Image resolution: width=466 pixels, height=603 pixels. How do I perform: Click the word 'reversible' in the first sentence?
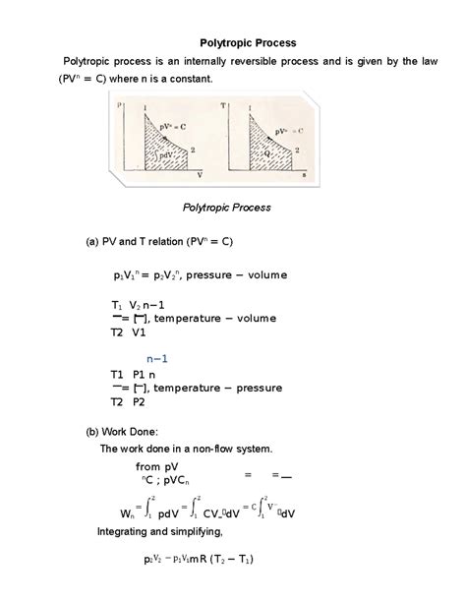point(248,62)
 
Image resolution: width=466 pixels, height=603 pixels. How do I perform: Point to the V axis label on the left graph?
point(201,174)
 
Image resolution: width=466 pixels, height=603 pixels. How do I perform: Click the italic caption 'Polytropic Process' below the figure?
point(227,208)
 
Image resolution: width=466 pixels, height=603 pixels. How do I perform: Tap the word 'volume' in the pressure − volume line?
point(264,275)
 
